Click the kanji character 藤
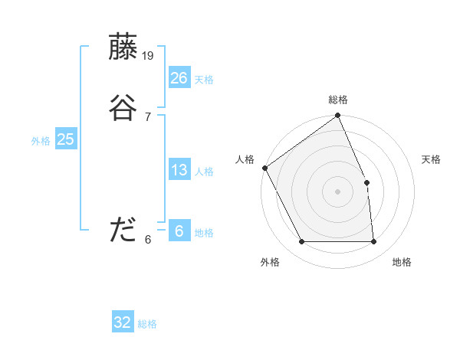tap(123, 47)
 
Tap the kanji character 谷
tap(123, 108)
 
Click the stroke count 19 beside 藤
tap(149, 55)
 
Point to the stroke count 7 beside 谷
tap(147, 116)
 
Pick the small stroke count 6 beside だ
tap(147, 239)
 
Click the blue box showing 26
tap(179, 77)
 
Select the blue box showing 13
tap(179, 170)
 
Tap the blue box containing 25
tap(65, 139)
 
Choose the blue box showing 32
tap(123, 322)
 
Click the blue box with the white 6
tap(179, 231)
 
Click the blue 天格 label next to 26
tap(204, 80)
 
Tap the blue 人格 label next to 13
tap(204, 172)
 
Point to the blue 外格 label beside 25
tap(41, 141)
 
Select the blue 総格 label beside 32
tap(147, 324)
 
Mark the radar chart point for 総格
tap(338, 116)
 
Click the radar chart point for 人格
tap(264, 168)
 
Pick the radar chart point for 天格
tap(366, 182)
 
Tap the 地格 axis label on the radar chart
tap(402, 262)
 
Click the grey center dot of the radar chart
tap(338, 191)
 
